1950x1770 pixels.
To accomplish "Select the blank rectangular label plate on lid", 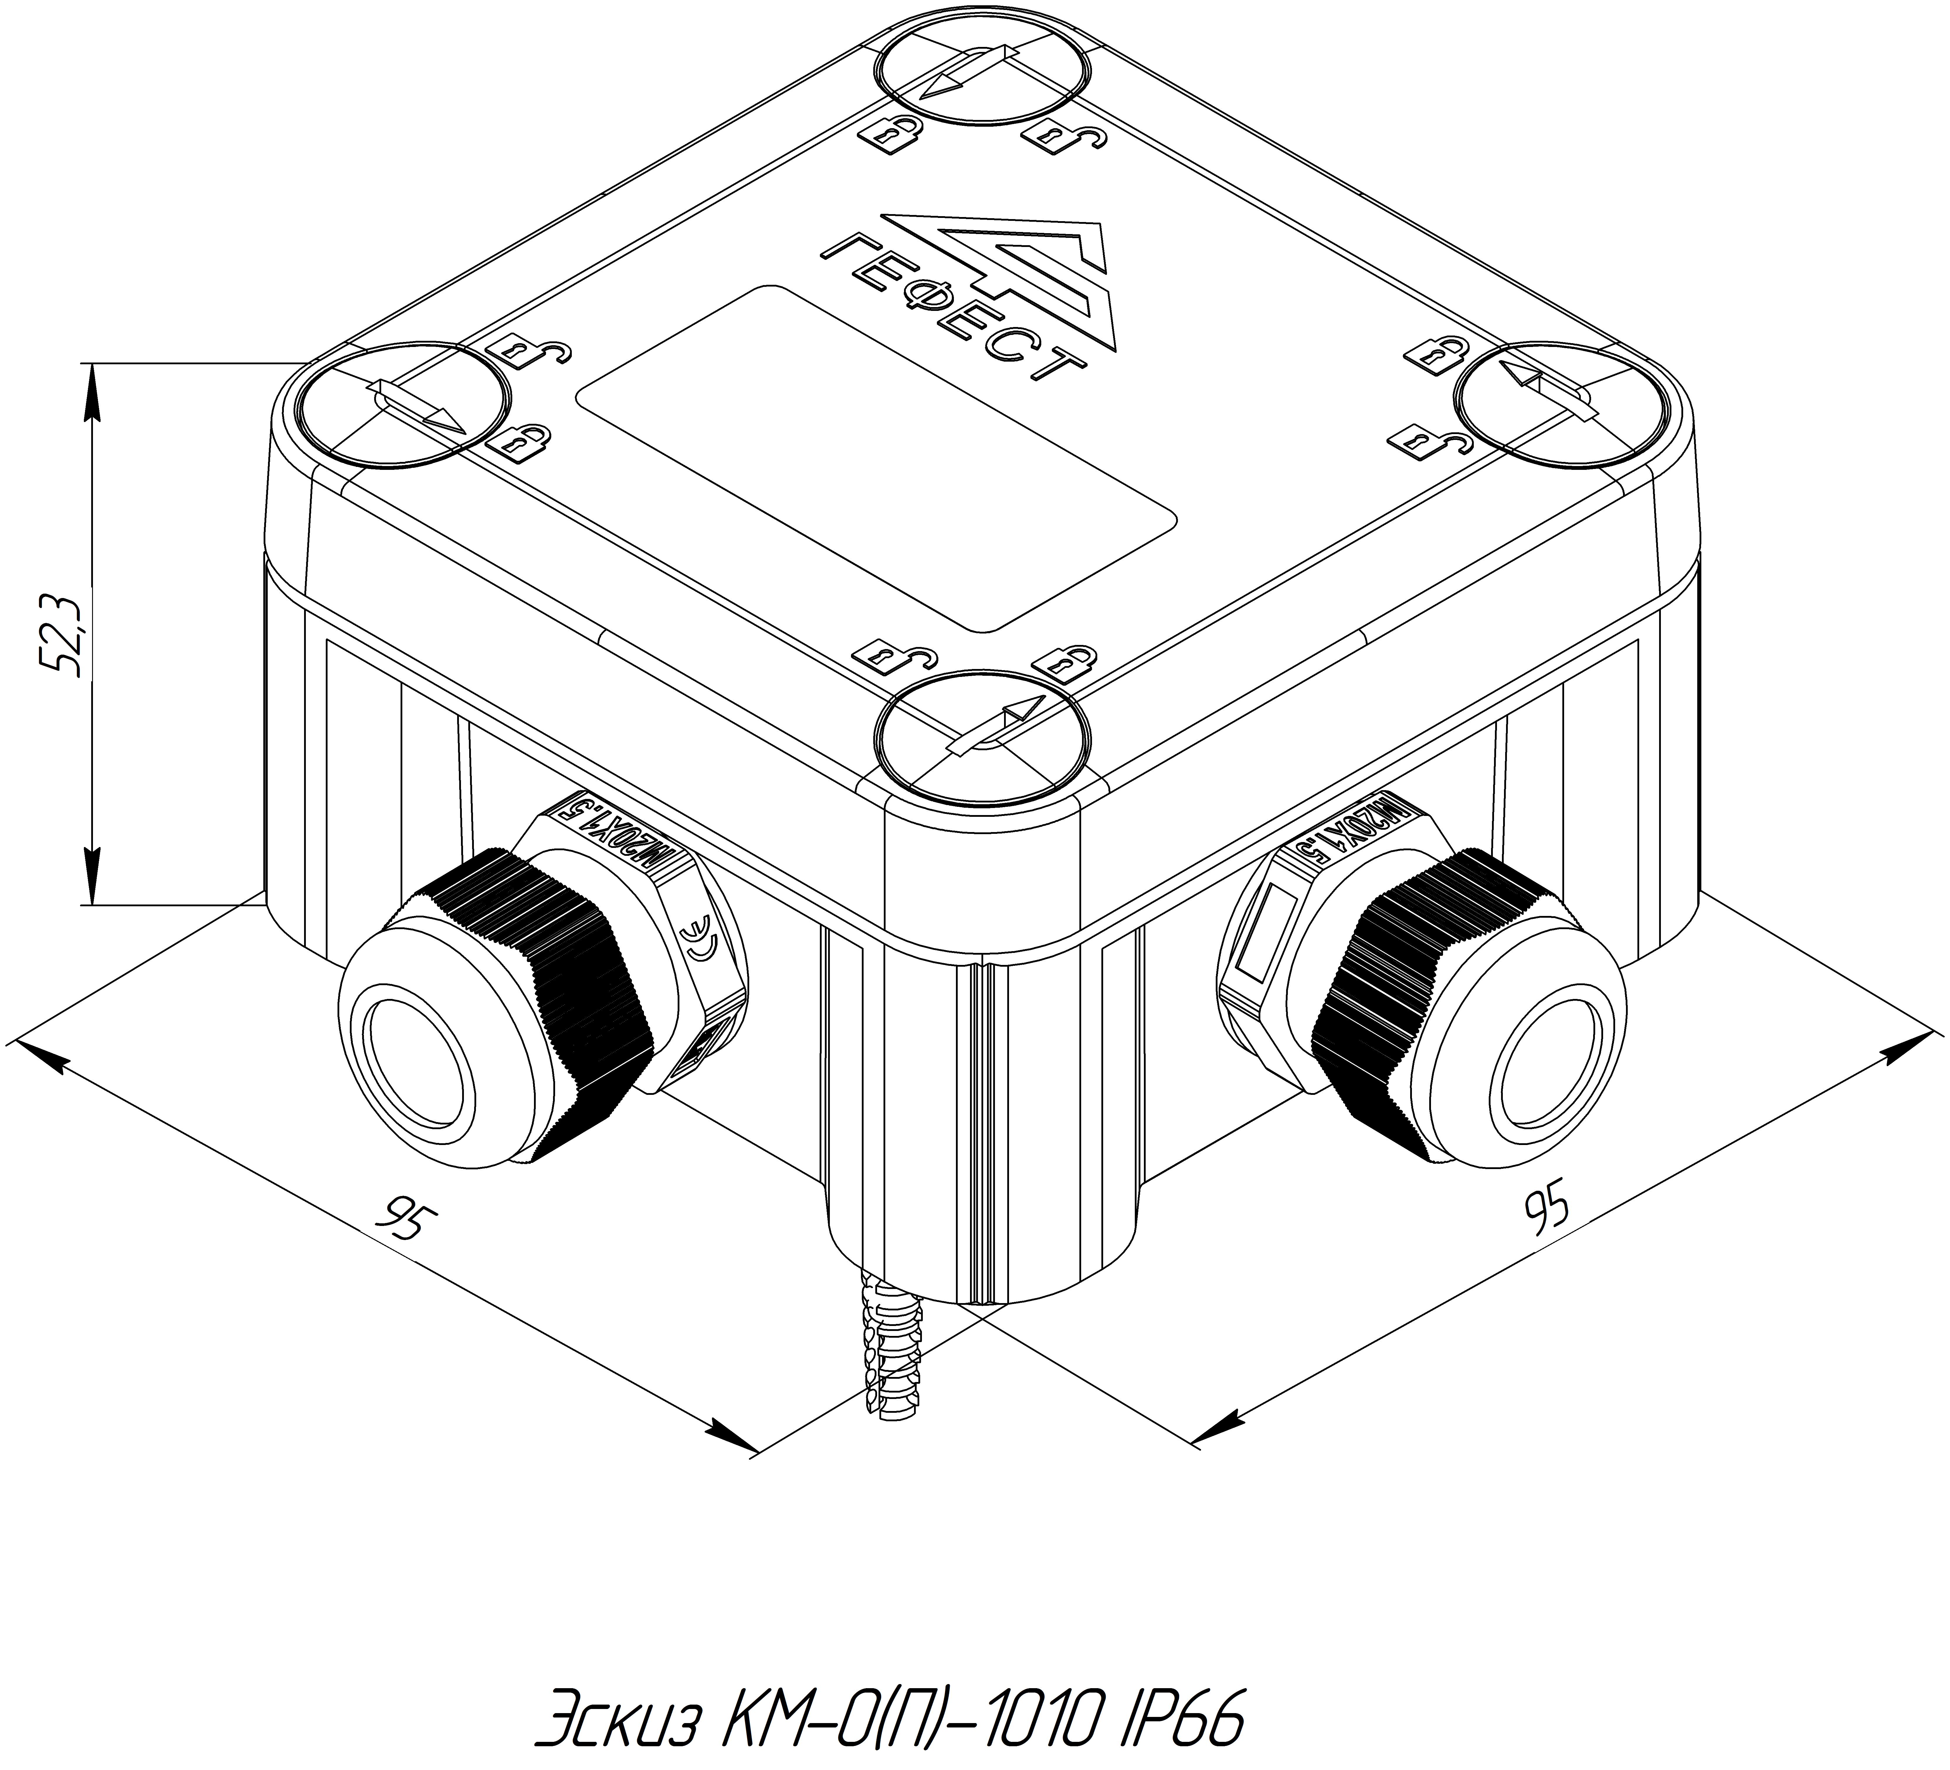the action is [x=876, y=458].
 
